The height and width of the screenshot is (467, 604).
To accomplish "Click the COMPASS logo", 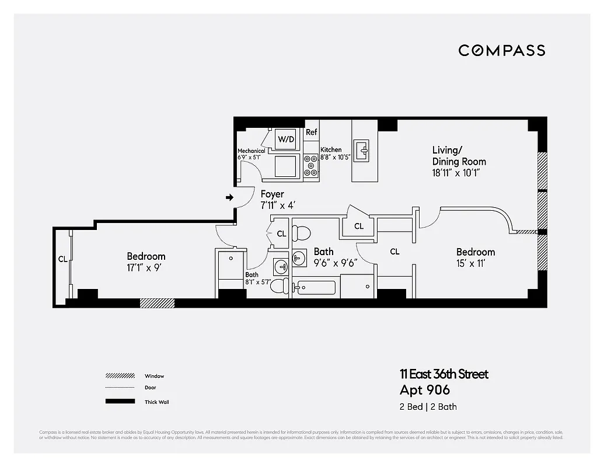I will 501,50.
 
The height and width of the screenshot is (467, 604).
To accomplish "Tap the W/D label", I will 286,139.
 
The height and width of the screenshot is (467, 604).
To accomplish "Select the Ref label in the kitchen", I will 312,133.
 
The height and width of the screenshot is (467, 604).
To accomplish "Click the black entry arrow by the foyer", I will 229,198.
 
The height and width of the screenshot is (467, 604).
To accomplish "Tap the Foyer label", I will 272,194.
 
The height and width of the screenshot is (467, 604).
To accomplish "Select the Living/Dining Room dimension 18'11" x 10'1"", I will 459,173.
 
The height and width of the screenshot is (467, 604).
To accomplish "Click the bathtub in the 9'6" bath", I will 316,288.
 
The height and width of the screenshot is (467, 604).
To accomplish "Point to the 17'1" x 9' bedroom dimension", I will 146,268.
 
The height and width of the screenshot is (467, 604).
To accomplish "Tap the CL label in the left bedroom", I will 62,259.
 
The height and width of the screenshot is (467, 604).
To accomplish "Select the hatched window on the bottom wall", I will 157,303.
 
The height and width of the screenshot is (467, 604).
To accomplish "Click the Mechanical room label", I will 251,151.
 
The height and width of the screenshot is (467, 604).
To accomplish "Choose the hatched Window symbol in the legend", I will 120,375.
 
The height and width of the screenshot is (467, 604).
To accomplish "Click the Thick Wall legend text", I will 156,402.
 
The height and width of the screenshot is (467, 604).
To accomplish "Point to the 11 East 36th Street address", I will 444,374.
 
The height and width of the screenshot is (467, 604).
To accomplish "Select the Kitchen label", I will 331,150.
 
